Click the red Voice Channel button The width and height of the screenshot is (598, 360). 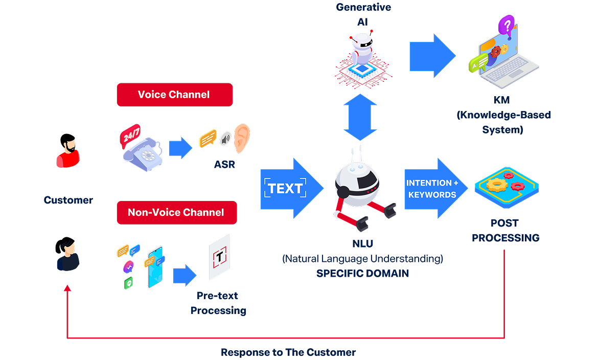[x=174, y=95]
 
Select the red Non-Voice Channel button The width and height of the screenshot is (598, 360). [x=176, y=212]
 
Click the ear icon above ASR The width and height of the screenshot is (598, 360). [x=241, y=139]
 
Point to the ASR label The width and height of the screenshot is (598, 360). [x=225, y=165]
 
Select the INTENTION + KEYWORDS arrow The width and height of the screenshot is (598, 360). [x=434, y=189]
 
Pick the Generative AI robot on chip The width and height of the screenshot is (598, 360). [x=362, y=56]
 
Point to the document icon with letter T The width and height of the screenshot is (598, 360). [x=219, y=258]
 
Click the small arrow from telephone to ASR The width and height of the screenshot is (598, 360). [x=180, y=147]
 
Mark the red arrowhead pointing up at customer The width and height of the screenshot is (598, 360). [x=67, y=289]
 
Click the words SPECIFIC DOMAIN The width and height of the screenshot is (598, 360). [x=362, y=274]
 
